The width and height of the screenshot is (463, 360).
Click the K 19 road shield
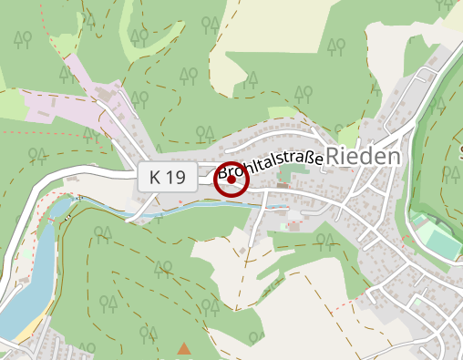click(169, 178)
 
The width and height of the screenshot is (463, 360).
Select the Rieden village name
click(363, 157)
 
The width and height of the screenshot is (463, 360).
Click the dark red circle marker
click(231, 180)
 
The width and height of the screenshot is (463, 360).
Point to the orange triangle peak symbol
click(184, 348)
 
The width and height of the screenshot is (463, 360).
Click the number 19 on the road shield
click(179, 178)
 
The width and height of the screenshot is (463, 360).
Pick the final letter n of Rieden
click(393, 157)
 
